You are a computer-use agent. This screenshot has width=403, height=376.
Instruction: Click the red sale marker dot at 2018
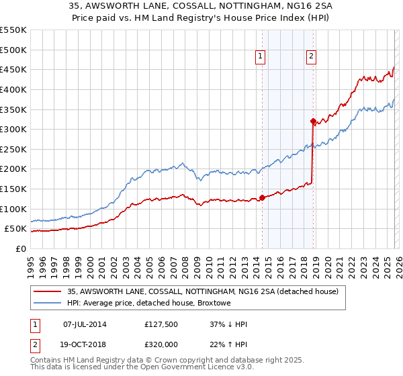tap(313, 122)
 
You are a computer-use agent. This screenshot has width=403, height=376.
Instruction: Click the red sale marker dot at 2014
tap(262, 197)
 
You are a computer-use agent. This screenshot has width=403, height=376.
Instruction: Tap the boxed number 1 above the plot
tap(260, 57)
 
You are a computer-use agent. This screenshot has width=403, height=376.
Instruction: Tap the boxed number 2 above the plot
tap(312, 57)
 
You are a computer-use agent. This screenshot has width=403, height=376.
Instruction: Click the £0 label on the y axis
tap(21, 249)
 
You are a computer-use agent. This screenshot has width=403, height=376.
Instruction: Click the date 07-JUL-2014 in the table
tap(85, 324)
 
